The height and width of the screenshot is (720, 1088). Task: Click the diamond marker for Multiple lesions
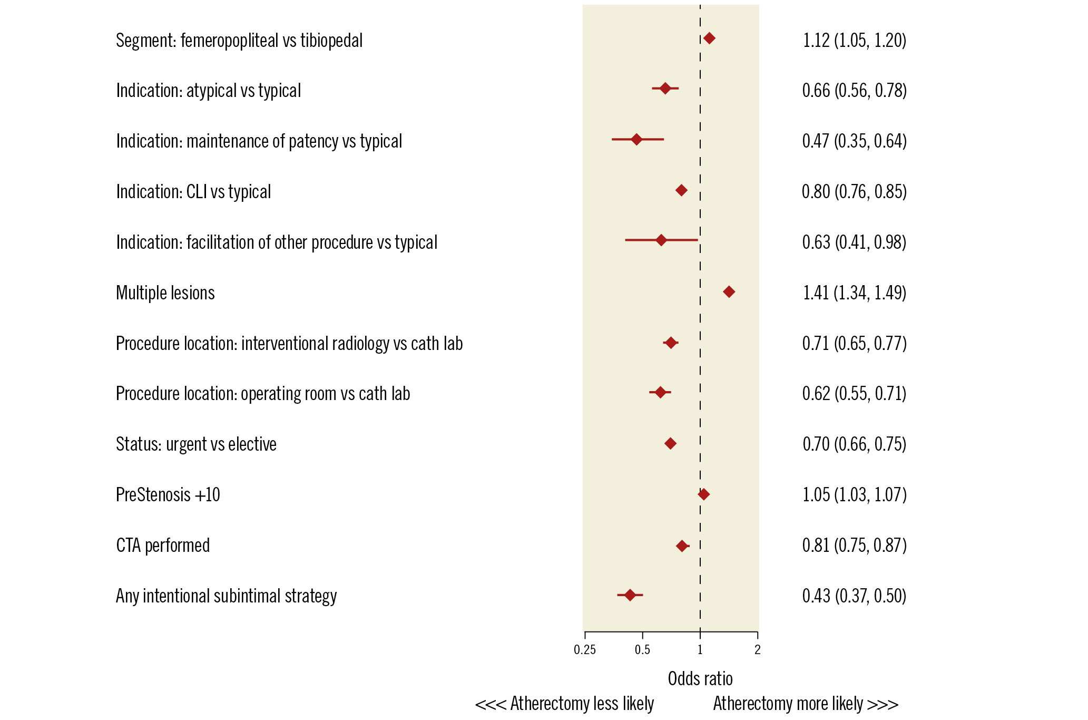[729, 291]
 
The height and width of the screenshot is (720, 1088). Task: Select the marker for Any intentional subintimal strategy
[630, 595]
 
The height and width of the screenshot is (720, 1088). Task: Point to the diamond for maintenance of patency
[636, 139]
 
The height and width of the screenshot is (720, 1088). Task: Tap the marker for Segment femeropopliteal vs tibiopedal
[709, 38]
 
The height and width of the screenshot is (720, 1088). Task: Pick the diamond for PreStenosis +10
[703, 494]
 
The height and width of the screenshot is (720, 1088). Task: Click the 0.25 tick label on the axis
[585, 650]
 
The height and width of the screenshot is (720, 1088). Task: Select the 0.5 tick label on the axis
[642, 650]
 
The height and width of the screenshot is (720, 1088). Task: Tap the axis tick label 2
[757, 650]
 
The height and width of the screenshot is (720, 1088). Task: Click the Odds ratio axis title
[700, 679]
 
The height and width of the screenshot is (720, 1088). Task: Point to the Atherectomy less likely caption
[564, 704]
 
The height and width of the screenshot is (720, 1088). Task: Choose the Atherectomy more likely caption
[806, 704]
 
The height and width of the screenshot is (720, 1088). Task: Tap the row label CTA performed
[163, 545]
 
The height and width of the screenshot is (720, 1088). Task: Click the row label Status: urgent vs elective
[196, 444]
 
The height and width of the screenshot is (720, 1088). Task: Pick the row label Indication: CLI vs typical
[193, 191]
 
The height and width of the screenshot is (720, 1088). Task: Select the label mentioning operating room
[263, 393]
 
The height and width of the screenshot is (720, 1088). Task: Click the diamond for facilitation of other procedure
[661, 240]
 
